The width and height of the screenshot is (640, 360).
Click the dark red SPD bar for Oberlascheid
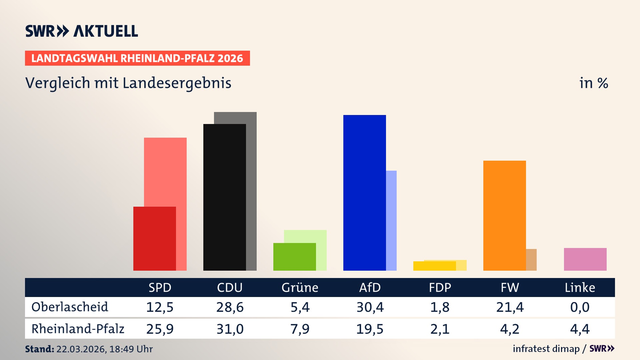tap(154, 238)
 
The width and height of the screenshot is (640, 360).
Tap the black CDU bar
tap(224, 197)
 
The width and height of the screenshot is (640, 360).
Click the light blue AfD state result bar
tap(391, 220)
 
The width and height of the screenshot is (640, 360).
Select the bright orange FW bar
tap(504, 215)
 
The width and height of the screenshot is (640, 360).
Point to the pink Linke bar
tap(585, 259)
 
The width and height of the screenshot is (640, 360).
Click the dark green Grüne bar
tap(294, 257)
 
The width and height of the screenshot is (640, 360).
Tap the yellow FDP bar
tap(434, 266)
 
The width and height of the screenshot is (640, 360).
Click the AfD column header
tap(370, 287)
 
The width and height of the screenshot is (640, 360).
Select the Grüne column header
tap(300, 287)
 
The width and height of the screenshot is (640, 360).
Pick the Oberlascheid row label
tap(70, 307)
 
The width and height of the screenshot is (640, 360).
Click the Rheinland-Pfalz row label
tap(78, 329)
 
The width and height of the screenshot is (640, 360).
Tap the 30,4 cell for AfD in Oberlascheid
tap(370, 307)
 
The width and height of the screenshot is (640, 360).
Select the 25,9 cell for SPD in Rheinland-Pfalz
tap(160, 329)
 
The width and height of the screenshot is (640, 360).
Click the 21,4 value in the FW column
tap(510, 307)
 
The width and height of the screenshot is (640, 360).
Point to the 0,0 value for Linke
tap(580, 307)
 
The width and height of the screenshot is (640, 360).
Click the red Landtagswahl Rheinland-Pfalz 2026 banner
tap(137, 58)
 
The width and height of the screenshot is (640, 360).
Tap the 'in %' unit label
tap(593, 83)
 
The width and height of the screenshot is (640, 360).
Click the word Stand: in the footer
tap(39, 349)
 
